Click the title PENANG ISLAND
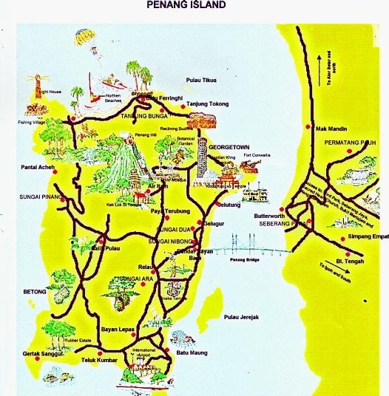pyautogui.click(x=186, y=5)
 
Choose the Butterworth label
pyautogui.click(x=268, y=216)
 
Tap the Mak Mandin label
pyautogui.click(x=330, y=128)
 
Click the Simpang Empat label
pyautogui.click(x=365, y=238)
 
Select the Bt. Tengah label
pyautogui.click(x=360, y=262)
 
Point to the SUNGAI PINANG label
pyautogui.click(x=37, y=197)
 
